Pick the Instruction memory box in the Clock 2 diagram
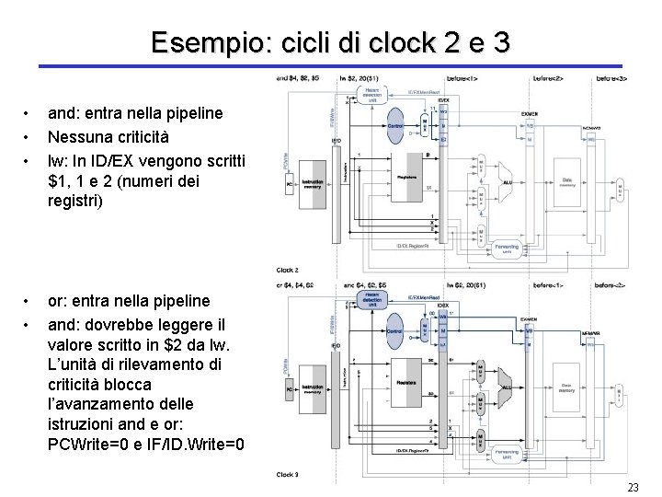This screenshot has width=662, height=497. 314,185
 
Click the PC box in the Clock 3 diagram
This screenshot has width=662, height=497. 291,390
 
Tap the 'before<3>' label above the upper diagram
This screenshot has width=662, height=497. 611,78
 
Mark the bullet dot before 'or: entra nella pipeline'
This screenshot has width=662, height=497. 29,301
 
